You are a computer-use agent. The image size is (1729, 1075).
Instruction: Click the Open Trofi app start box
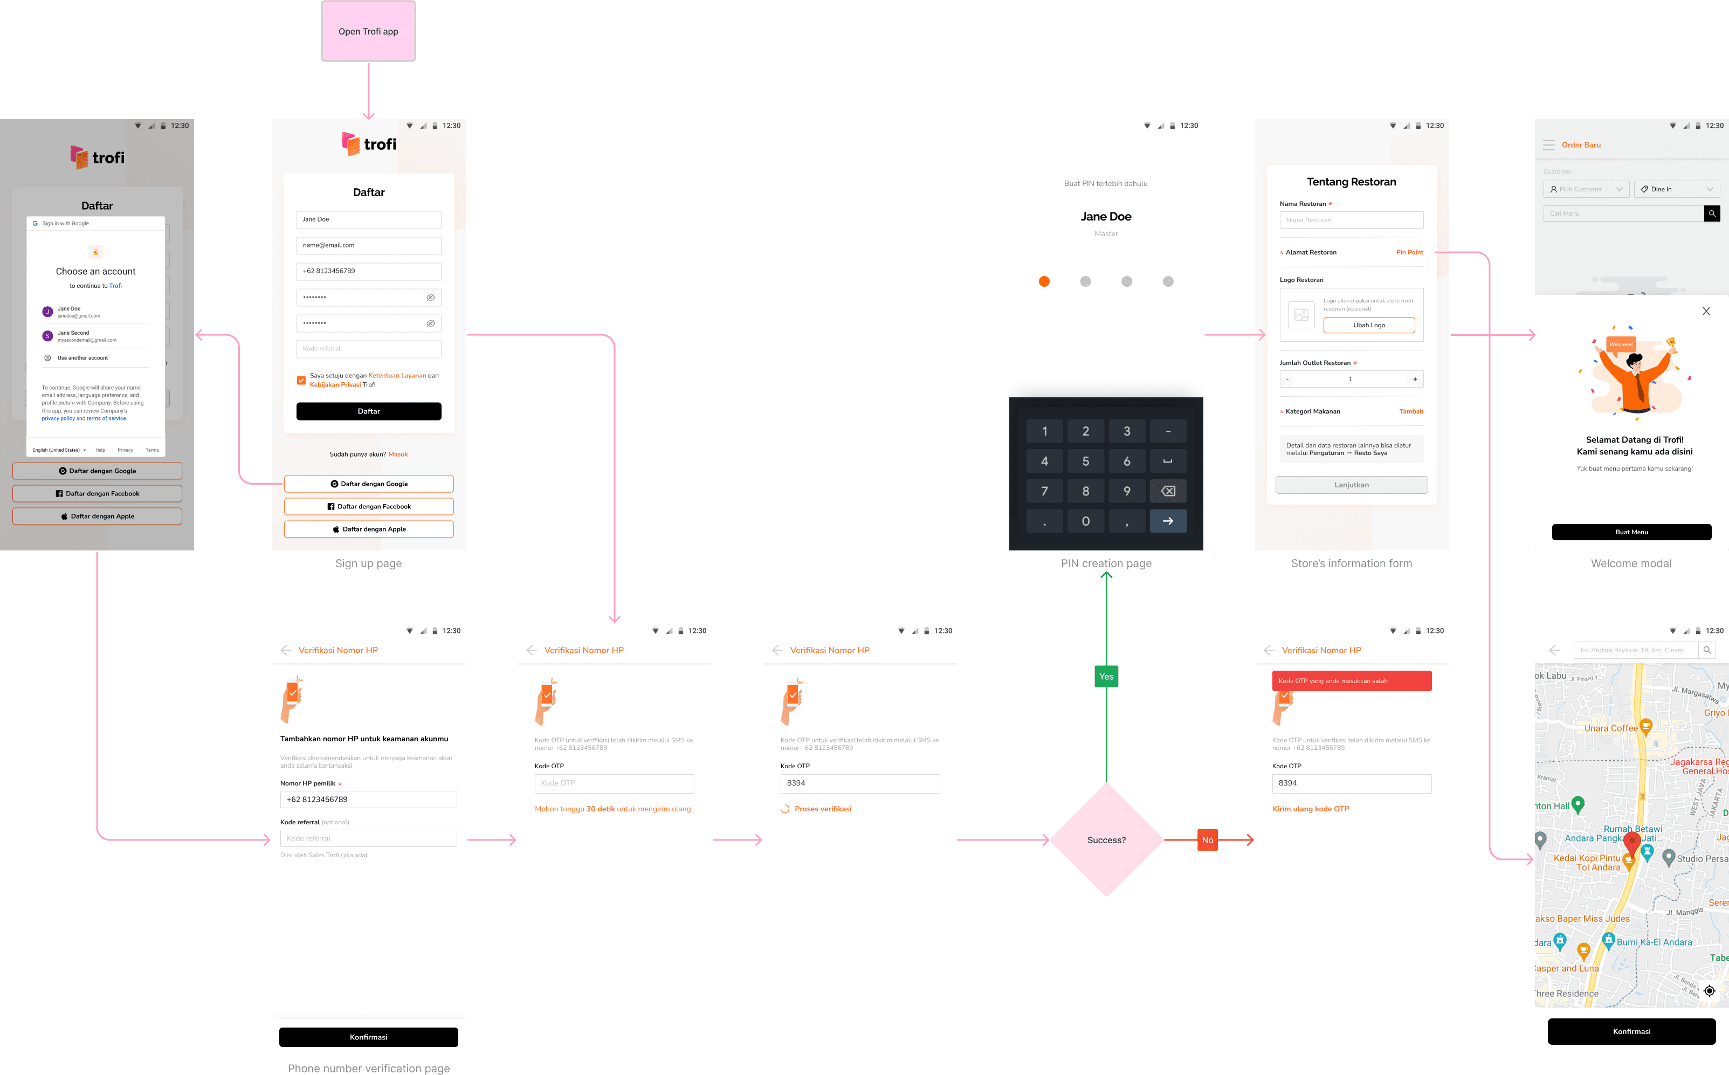click(x=368, y=31)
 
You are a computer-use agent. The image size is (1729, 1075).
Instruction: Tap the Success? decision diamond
click(x=1106, y=839)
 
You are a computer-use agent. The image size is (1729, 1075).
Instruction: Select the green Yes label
click(x=1106, y=676)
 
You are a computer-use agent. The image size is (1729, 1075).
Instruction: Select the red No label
click(x=1207, y=839)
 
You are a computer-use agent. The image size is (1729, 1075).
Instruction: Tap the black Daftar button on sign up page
click(x=368, y=411)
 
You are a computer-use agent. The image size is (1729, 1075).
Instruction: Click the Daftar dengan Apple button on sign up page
click(x=368, y=529)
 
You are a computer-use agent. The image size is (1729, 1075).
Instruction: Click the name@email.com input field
click(x=368, y=245)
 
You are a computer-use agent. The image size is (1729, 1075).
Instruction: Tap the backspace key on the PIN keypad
click(x=1167, y=491)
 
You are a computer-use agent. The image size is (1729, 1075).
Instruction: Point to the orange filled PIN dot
click(x=1044, y=281)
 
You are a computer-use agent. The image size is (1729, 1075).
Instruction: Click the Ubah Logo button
click(x=1368, y=325)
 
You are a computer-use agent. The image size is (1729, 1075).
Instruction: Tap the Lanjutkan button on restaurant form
click(x=1351, y=485)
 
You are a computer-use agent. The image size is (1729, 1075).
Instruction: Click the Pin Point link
click(x=1409, y=252)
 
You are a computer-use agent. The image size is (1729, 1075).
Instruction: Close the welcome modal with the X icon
click(x=1705, y=312)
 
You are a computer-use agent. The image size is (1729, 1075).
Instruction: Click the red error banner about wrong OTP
click(x=1351, y=680)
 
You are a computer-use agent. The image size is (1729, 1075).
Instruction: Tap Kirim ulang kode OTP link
click(x=1310, y=808)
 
